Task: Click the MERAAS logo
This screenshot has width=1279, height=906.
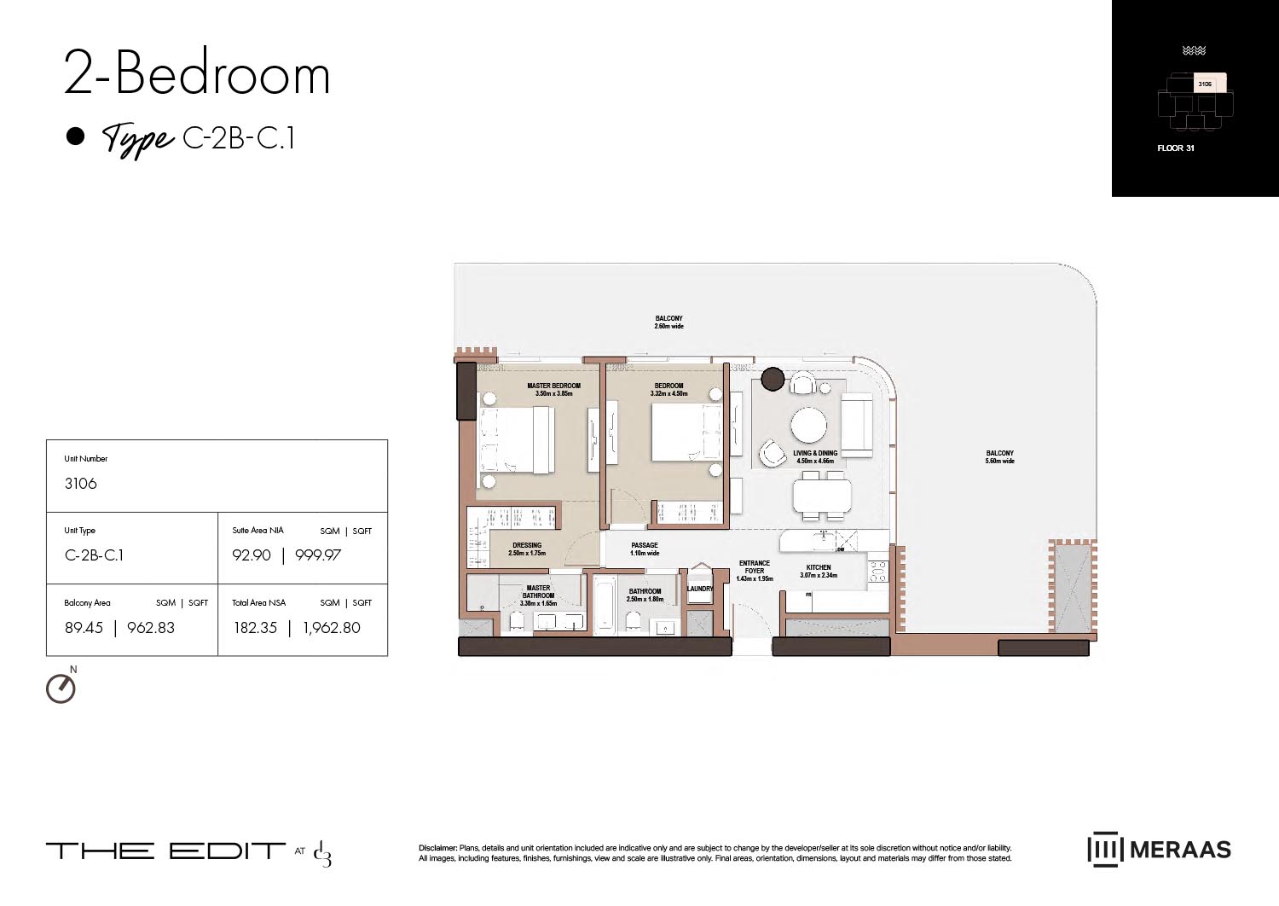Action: pos(1159,849)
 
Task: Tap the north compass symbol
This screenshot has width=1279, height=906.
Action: pos(61,688)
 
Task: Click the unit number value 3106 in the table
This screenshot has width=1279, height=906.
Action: pos(81,484)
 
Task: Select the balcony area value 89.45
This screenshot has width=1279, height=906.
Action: pos(84,628)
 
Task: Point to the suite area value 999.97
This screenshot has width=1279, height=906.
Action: pos(318,555)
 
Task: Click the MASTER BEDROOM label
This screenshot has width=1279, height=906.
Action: pos(553,386)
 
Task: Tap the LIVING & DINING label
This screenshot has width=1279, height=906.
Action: pos(815,454)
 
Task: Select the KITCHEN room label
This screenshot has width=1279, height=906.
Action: pos(819,567)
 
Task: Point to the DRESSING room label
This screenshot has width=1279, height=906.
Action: pos(527,546)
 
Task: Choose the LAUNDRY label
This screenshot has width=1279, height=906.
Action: pos(700,589)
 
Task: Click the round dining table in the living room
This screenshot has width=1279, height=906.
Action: pos(808,424)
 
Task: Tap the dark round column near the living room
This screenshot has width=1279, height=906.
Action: pos(773,379)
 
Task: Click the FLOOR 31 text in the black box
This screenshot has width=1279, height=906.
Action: pos(1175,148)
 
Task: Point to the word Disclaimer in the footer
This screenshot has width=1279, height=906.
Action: pos(437,848)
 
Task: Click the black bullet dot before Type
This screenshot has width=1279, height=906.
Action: pos(76,136)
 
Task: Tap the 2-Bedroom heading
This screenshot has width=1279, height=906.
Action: pos(197,74)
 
